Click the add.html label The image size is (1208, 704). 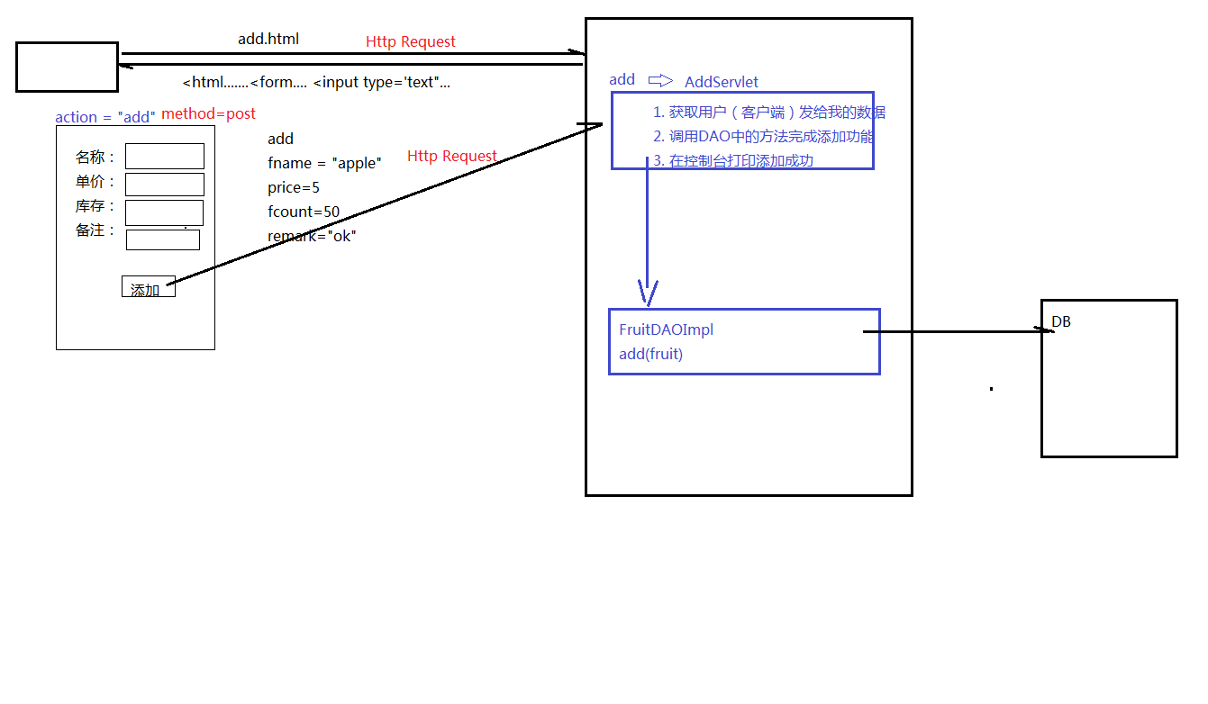click(x=268, y=40)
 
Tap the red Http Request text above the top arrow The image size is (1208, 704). click(x=410, y=42)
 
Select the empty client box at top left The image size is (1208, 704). click(x=67, y=67)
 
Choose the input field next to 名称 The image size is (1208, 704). click(x=164, y=157)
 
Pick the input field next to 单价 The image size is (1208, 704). click(x=164, y=185)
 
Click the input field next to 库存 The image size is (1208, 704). click(x=164, y=212)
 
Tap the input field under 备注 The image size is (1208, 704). click(x=162, y=240)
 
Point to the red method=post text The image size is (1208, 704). click(x=208, y=114)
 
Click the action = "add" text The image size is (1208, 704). click(x=104, y=117)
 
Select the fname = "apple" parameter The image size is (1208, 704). click(x=324, y=164)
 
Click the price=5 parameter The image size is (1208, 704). click(x=293, y=188)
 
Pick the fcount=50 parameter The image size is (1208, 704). click(x=303, y=212)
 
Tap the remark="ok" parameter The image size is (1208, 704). click(x=311, y=237)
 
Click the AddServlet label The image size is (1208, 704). click(x=721, y=82)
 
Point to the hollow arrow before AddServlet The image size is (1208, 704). click(x=660, y=81)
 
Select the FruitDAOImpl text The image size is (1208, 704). click(x=666, y=330)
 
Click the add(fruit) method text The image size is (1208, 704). click(x=650, y=355)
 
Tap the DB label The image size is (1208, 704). click(x=1061, y=322)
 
